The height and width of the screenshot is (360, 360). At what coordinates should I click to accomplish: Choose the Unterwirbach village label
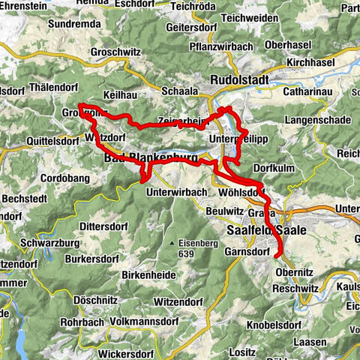coord(177,191)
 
